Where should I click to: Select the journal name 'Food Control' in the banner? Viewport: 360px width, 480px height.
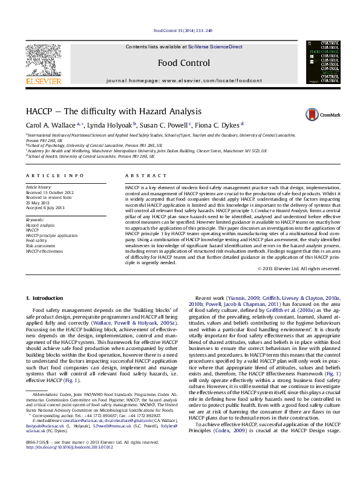point(183,63)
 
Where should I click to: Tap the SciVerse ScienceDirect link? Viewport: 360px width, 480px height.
point(215,47)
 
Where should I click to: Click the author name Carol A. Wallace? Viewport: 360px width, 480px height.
point(50,125)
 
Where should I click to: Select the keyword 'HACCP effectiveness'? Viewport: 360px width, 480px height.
point(44,251)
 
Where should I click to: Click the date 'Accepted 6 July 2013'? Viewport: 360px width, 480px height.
point(45,207)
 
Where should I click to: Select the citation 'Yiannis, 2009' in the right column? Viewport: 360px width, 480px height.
point(244,299)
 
